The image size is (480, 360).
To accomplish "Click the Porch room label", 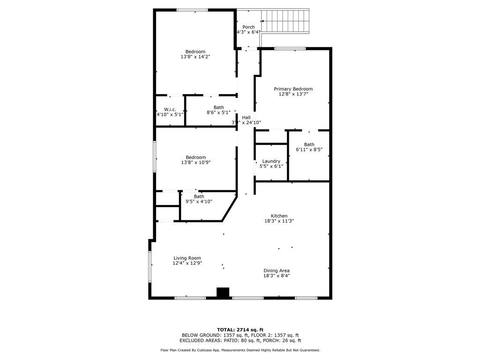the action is point(248,27).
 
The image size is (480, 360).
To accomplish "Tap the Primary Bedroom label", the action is point(293,89).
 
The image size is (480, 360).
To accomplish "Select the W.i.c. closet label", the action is point(170,109).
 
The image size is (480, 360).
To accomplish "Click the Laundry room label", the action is point(271,161).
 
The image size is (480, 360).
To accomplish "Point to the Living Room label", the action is point(187,258).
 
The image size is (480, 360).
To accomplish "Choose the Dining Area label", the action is point(277,270).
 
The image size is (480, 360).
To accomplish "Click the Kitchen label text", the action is point(279,216).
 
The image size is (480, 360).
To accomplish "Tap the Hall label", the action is point(246,117).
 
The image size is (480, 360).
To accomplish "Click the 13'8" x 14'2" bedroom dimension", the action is point(195,57).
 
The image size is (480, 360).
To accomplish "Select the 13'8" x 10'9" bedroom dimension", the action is point(195,162).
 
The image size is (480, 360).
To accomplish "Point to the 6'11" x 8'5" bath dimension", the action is point(309,150).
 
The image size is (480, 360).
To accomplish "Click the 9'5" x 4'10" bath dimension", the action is point(199,202).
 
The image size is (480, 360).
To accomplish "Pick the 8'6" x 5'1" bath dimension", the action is point(218,112).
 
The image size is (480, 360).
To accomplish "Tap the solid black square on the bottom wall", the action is point(223,292).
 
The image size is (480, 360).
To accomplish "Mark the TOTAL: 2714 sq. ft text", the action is point(240,330).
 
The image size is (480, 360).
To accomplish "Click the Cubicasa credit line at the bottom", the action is point(240,350).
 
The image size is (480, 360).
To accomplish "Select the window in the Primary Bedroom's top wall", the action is point(290,48).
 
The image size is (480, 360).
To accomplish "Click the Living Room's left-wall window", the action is point(150,267).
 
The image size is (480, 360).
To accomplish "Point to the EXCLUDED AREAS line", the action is point(240,340).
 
